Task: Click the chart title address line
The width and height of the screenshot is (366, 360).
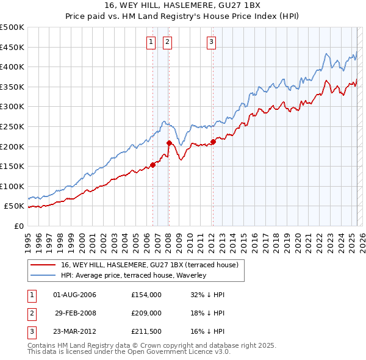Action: point(182,7)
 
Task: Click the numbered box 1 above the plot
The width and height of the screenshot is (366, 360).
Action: point(150,42)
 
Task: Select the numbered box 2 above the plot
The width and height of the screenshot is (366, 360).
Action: point(167,42)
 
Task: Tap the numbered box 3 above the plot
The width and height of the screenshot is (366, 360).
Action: point(211,42)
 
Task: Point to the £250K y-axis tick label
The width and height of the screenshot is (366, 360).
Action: point(12,126)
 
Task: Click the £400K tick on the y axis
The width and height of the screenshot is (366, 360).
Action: point(12,67)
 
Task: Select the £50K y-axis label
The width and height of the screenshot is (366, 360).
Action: point(15,206)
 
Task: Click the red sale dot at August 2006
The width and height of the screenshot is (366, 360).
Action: point(152,164)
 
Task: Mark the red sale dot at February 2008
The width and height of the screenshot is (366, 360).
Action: point(170,143)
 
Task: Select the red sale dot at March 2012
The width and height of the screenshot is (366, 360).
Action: point(213,142)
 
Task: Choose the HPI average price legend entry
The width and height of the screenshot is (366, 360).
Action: point(134,275)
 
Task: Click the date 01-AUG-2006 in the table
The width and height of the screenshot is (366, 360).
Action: point(75,295)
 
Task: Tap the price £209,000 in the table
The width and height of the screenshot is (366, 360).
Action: point(146,313)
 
